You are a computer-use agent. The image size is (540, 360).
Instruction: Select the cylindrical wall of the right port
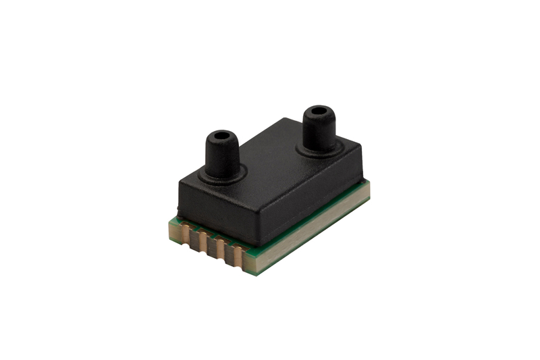point(317,129)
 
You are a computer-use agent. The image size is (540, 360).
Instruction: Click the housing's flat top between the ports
point(270,156)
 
